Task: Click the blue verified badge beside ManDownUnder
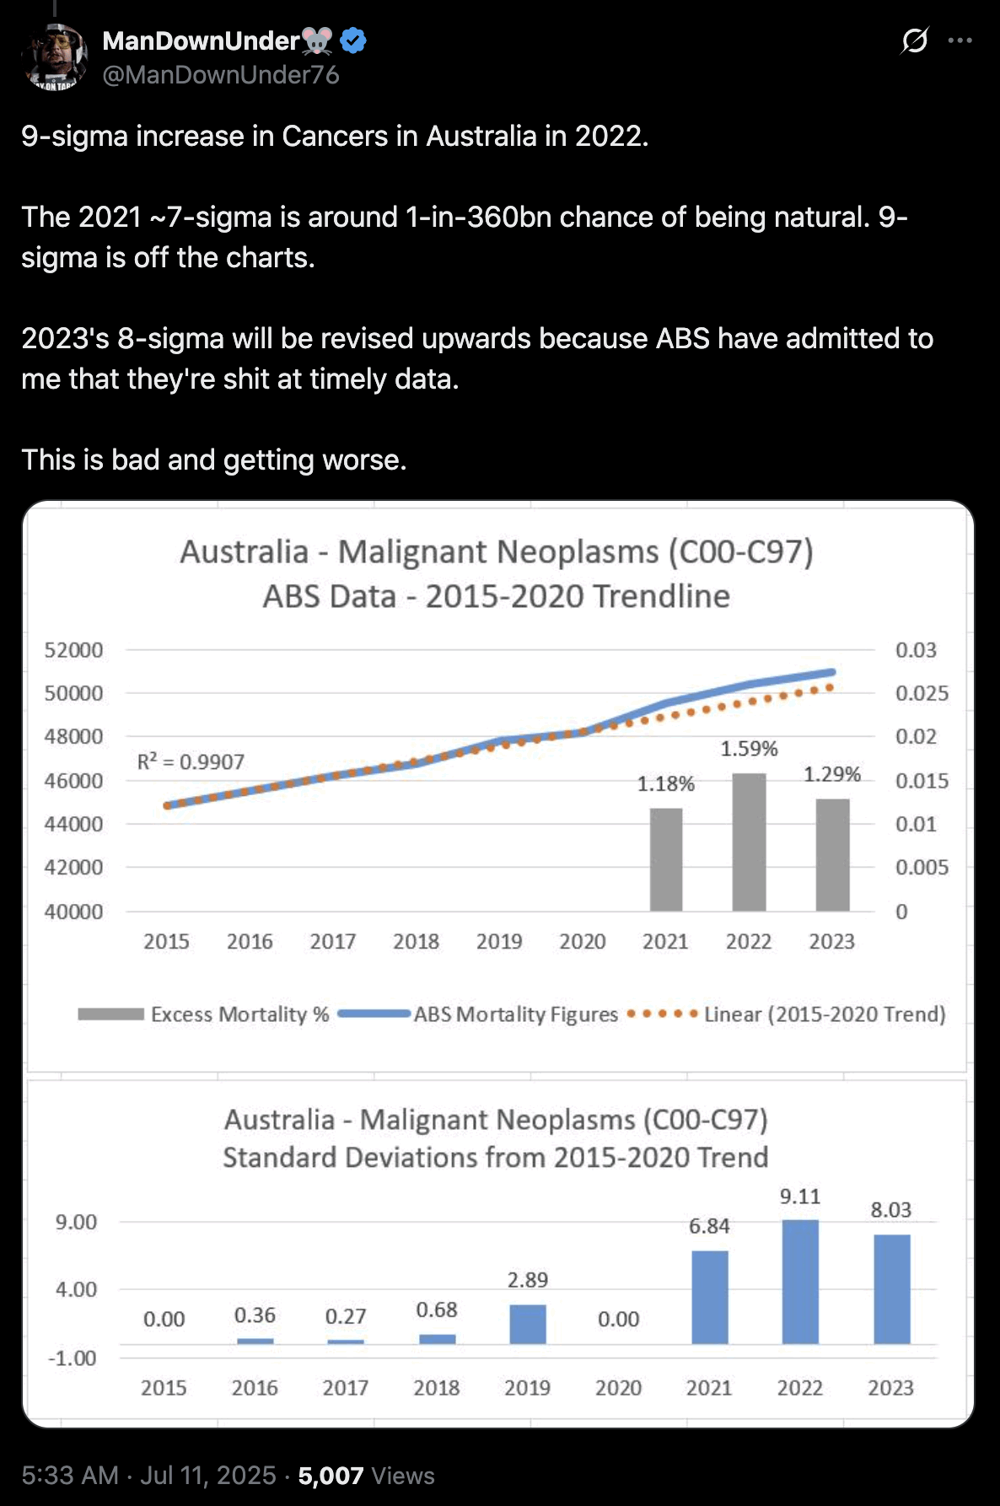(x=352, y=40)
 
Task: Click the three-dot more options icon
(x=960, y=40)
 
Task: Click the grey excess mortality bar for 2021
(x=666, y=859)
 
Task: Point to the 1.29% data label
(x=831, y=774)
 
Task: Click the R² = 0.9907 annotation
(x=191, y=761)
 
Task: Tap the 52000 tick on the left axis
(x=73, y=650)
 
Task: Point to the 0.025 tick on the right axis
(x=922, y=693)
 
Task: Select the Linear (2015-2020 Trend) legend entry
(x=824, y=1014)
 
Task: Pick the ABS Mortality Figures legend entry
(x=515, y=1014)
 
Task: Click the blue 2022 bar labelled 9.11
(x=799, y=1281)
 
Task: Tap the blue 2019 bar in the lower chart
(x=528, y=1324)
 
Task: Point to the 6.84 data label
(x=709, y=1226)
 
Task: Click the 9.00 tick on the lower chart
(x=76, y=1222)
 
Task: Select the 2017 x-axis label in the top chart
(x=332, y=941)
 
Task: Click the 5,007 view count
(x=331, y=1476)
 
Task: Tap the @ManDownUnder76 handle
(x=221, y=75)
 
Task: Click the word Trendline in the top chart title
(x=661, y=596)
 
